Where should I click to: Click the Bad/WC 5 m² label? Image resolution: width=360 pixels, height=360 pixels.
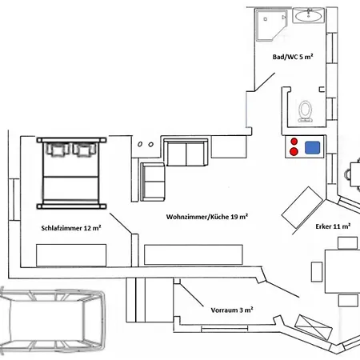tap(293, 57)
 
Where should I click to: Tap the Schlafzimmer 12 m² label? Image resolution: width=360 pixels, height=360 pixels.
tap(71, 228)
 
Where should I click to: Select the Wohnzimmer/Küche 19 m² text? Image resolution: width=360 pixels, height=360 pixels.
tap(207, 217)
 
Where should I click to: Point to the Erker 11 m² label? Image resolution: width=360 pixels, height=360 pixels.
tap(333, 226)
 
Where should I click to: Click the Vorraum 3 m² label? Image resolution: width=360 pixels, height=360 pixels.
tap(232, 310)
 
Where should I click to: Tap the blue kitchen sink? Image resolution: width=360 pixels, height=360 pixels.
tap(312, 147)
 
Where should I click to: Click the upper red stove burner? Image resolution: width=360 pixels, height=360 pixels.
tap(294, 142)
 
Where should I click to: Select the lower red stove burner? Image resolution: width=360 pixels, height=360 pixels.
tap(294, 151)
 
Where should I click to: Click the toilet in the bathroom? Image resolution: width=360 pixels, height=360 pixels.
tap(305, 111)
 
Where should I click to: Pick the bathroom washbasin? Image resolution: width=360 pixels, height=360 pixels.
tap(309, 15)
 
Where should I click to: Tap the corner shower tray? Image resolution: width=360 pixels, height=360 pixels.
tap(271, 25)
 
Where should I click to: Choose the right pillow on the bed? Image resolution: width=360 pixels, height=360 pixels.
tap(84, 150)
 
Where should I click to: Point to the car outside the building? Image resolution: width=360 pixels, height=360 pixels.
tap(52, 320)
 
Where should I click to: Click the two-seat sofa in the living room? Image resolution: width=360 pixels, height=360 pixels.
tap(186, 152)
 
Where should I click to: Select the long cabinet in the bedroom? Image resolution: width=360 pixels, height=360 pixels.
tap(71, 255)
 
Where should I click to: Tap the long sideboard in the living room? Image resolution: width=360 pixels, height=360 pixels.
tap(194, 254)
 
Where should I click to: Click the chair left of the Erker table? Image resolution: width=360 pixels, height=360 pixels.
tap(317, 272)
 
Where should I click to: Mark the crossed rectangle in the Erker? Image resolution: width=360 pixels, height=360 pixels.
tap(314, 327)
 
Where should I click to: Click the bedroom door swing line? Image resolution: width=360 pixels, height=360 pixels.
tap(121, 223)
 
